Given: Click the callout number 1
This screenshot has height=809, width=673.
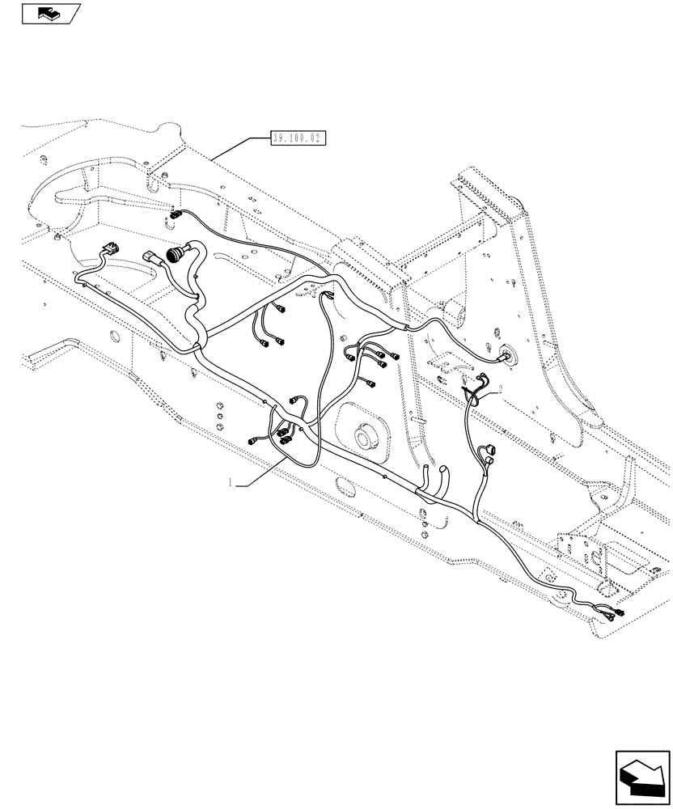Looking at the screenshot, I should (232, 483).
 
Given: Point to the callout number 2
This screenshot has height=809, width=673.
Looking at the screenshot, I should (501, 389).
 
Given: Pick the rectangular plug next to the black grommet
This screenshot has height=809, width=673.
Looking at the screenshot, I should (152, 256).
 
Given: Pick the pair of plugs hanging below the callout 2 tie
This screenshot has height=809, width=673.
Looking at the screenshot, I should (488, 455).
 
